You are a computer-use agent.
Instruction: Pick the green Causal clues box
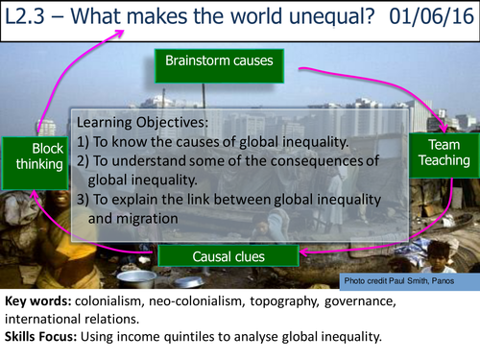pyautogui.click(x=230, y=256)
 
